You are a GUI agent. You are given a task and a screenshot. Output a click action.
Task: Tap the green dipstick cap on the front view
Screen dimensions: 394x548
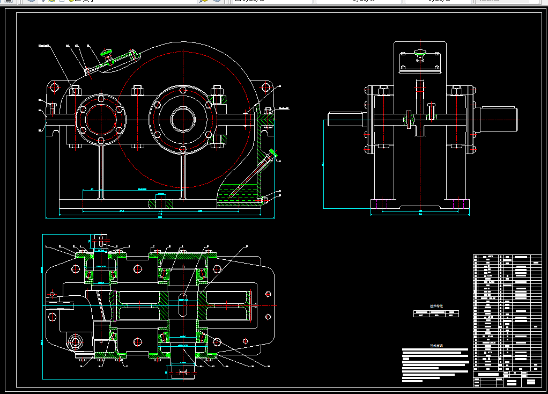[x=274, y=154]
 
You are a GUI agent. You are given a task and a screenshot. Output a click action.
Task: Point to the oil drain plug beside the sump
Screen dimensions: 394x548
[x=265, y=200]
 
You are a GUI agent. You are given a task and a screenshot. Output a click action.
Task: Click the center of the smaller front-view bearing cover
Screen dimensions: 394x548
[x=100, y=120]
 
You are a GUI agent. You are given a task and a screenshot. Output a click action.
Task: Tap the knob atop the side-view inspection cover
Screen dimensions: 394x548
[x=420, y=53]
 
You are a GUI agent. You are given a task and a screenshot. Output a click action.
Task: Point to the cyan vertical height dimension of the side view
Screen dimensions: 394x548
[x=323, y=164]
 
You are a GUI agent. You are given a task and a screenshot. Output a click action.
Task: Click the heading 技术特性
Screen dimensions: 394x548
[x=436, y=307]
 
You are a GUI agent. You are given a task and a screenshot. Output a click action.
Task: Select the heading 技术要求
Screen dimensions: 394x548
[x=436, y=346]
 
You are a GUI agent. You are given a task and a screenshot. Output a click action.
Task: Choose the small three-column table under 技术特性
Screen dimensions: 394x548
[x=436, y=314]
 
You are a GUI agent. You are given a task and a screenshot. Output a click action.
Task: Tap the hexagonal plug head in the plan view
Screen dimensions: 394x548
[x=75, y=342]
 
